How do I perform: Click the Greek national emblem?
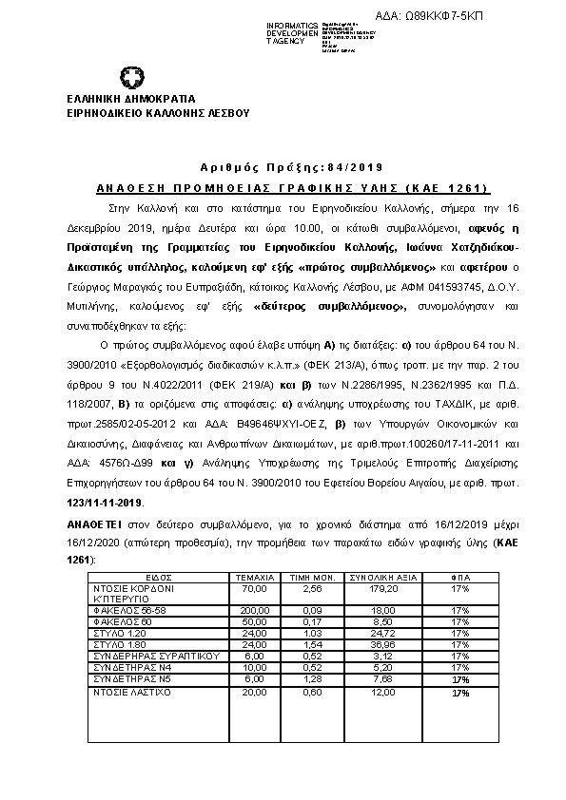(x=132, y=78)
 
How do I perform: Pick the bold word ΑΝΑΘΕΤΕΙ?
(x=92, y=524)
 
